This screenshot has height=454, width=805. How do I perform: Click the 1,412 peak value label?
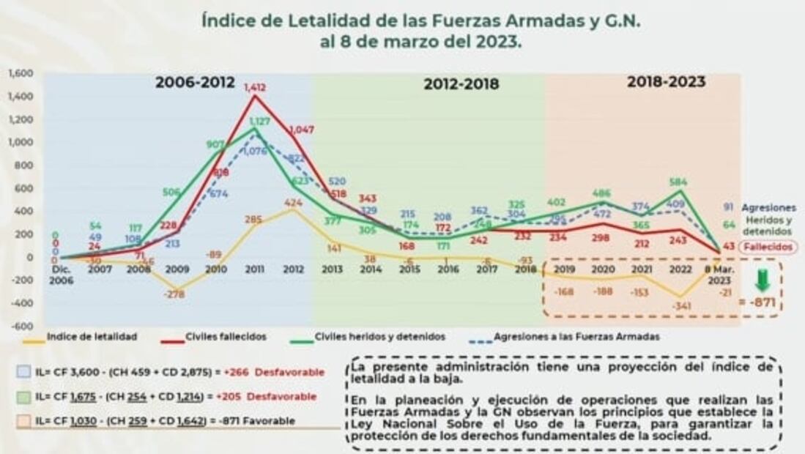pyautogui.click(x=255, y=87)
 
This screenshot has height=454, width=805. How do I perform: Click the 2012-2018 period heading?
pyautogui.click(x=461, y=84)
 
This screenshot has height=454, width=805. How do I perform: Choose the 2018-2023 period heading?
pyautogui.click(x=666, y=82)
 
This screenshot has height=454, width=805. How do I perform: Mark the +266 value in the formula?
pyautogui.click(x=238, y=372)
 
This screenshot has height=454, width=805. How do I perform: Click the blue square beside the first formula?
pyautogui.click(x=26, y=372)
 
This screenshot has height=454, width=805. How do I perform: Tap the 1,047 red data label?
pyautogui.click(x=301, y=130)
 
